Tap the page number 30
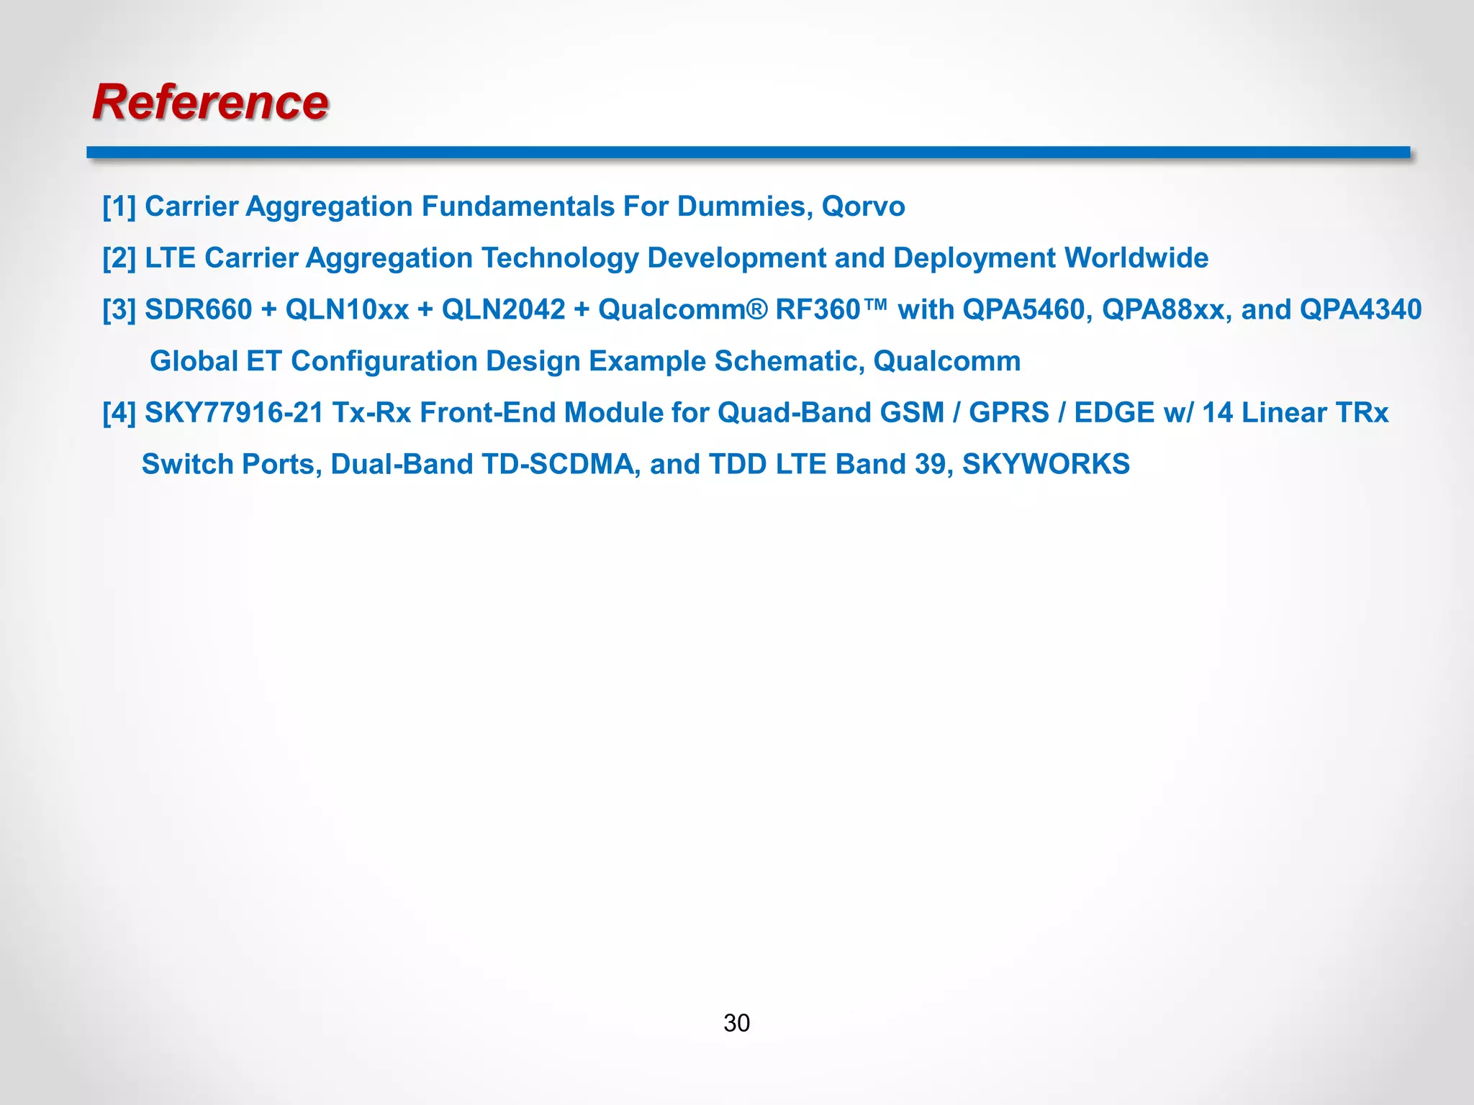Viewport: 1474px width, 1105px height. tap(736, 1022)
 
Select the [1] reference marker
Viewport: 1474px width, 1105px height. tap(119, 206)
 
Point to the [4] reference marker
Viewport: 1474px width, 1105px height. tap(119, 413)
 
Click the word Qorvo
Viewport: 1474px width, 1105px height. tap(863, 206)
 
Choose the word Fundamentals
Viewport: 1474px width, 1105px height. tap(517, 206)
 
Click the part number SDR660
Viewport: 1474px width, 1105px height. tap(199, 309)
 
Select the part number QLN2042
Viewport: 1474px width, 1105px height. tap(503, 309)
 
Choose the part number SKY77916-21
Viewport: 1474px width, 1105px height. tap(234, 413)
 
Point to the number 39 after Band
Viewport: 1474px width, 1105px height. tap(933, 464)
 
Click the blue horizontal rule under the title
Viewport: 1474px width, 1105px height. tap(748, 152)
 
